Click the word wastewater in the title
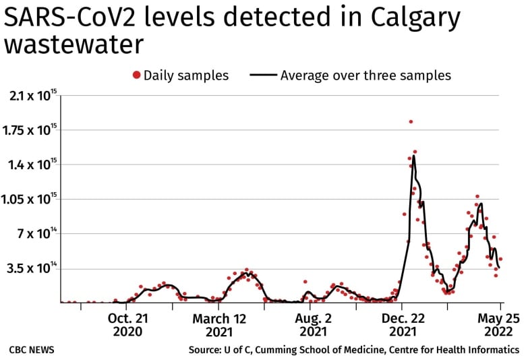[74, 44]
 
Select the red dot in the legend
[137, 75]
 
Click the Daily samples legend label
[186, 75]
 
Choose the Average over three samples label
[366, 75]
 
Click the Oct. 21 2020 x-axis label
[127, 324]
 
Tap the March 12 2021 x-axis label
[220, 324]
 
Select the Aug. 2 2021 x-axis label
[313, 324]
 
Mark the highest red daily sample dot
[411, 122]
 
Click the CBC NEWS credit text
[32, 350]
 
